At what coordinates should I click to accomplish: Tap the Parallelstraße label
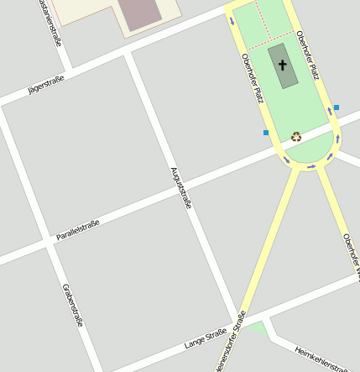78,229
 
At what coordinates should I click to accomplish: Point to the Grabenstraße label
73,304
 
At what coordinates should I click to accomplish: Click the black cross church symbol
282,65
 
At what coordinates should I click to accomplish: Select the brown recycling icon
296,136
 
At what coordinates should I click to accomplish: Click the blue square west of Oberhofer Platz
266,133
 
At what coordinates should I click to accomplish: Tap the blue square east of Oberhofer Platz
337,107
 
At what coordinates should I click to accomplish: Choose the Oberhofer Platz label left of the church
253,78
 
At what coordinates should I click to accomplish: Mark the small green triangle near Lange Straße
257,328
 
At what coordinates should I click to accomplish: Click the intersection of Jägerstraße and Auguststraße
127,54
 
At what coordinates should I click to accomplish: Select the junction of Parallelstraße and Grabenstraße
45,243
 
